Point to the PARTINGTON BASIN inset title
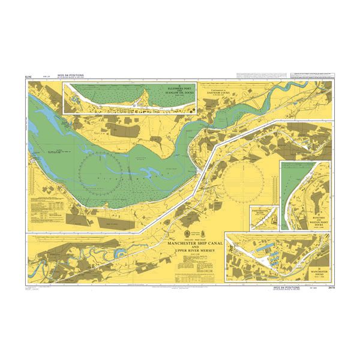[260, 211]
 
